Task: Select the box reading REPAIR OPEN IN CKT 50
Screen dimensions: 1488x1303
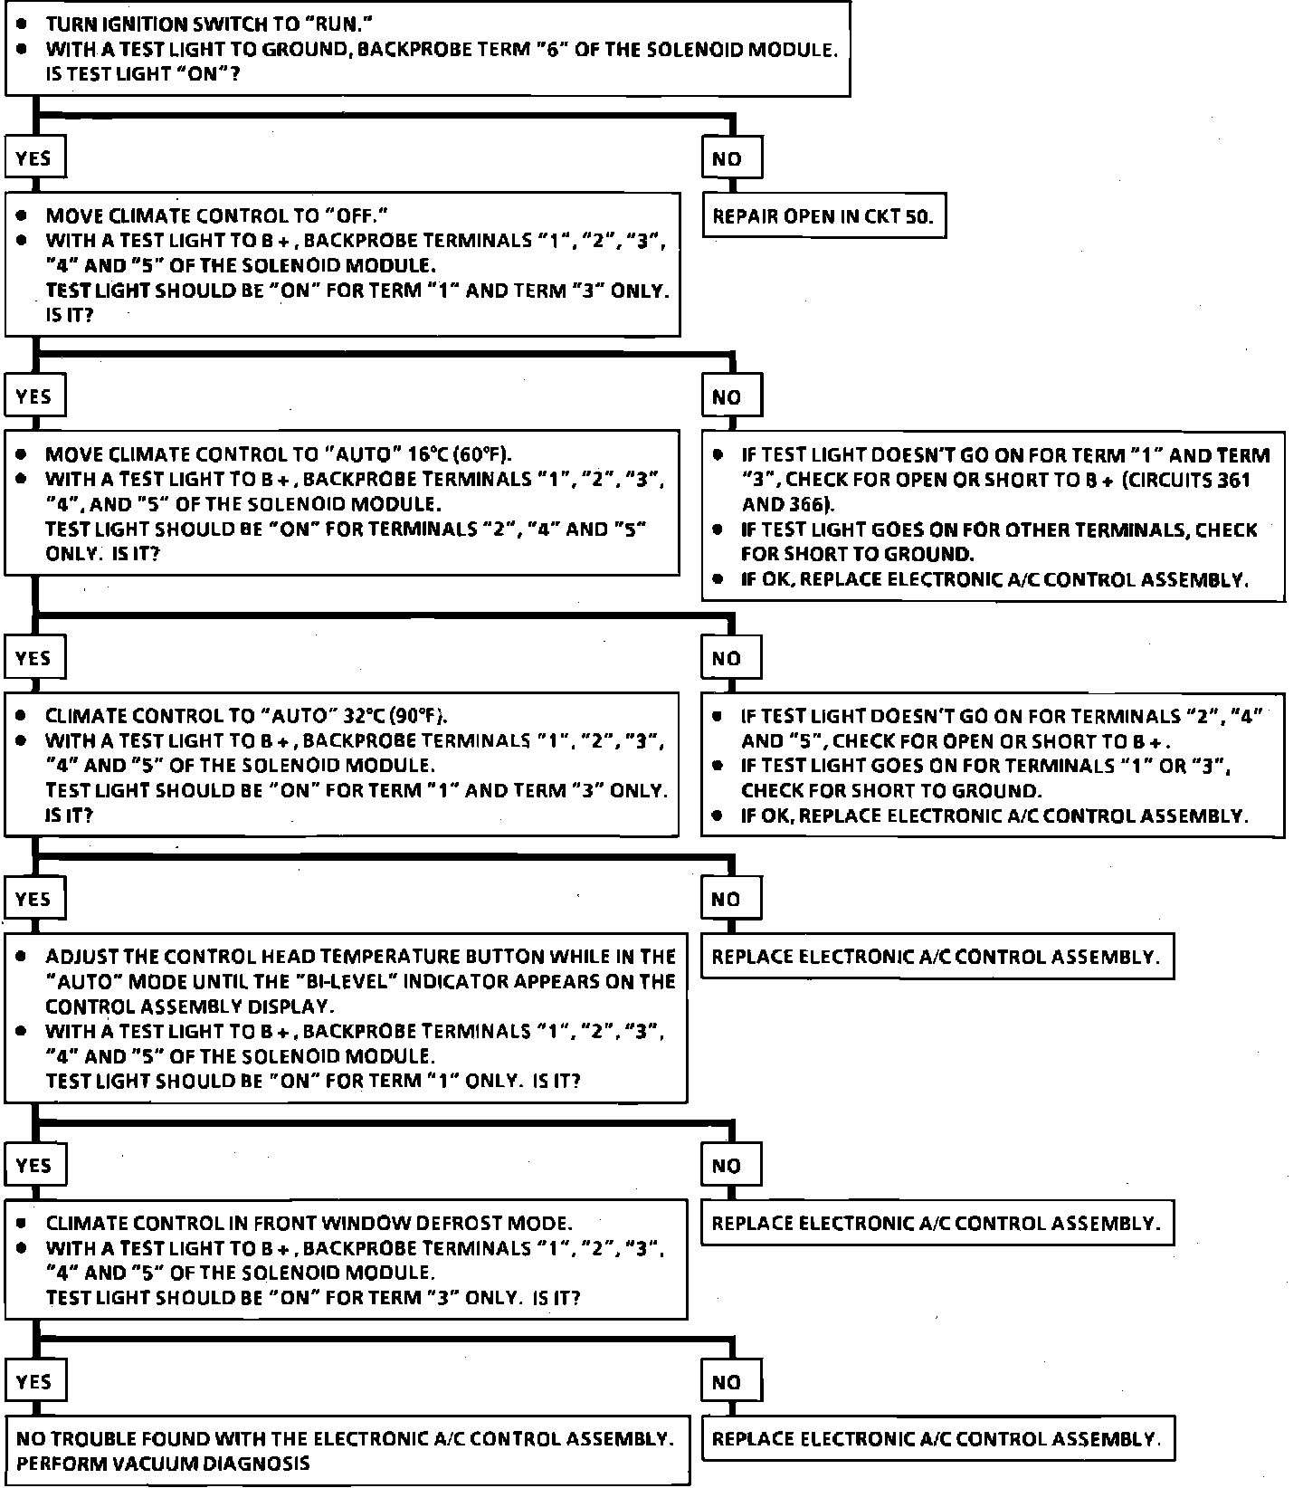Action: [x=823, y=216]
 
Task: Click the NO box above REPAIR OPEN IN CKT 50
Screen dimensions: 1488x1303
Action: [x=731, y=159]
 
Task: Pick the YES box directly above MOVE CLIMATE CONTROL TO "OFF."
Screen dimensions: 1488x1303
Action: [x=34, y=159]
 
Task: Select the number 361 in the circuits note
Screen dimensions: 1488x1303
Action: [x=1232, y=481]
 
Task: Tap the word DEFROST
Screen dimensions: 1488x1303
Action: [x=464, y=1224]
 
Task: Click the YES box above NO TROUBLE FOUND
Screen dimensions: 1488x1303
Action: [x=34, y=1382]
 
